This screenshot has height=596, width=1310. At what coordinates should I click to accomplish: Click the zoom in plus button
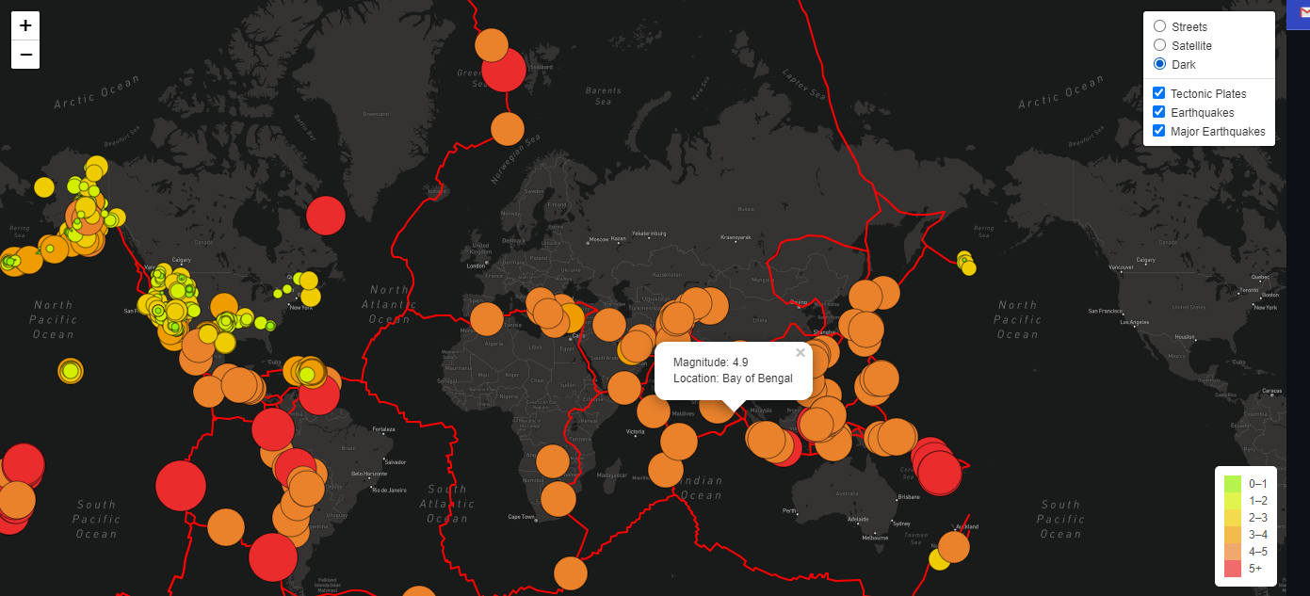pos(25,26)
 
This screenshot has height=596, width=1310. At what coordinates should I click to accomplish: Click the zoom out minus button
pos(25,55)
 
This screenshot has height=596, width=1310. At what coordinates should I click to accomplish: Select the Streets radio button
pos(1160,26)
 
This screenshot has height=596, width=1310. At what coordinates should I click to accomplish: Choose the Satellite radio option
pos(1160,45)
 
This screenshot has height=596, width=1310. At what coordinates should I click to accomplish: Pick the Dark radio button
pos(1160,64)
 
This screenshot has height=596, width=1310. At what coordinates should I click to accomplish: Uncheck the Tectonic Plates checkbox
pos(1159,93)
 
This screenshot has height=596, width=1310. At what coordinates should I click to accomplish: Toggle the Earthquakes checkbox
pos(1159,112)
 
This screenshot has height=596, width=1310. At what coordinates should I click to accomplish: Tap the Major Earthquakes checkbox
pos(1159,131)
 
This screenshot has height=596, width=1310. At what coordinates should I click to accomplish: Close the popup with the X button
pos(801,353)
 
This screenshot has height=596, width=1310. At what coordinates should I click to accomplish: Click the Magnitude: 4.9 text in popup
pos(711,362)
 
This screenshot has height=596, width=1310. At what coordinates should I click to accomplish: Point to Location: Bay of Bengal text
pos(733,379)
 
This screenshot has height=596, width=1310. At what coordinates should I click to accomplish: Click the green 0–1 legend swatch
pos(1233,484)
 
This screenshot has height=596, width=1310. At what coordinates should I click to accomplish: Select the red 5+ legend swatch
pos(1233,568)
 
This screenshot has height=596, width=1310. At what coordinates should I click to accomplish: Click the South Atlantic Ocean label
pos(446,504)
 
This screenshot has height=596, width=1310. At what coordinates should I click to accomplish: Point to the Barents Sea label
pos(603,95)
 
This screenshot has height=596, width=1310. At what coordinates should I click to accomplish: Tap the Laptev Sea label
pos(809,85)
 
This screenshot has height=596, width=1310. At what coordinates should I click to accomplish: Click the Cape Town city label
pos(522,516)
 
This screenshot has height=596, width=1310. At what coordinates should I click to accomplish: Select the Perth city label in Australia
pos(788,511)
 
